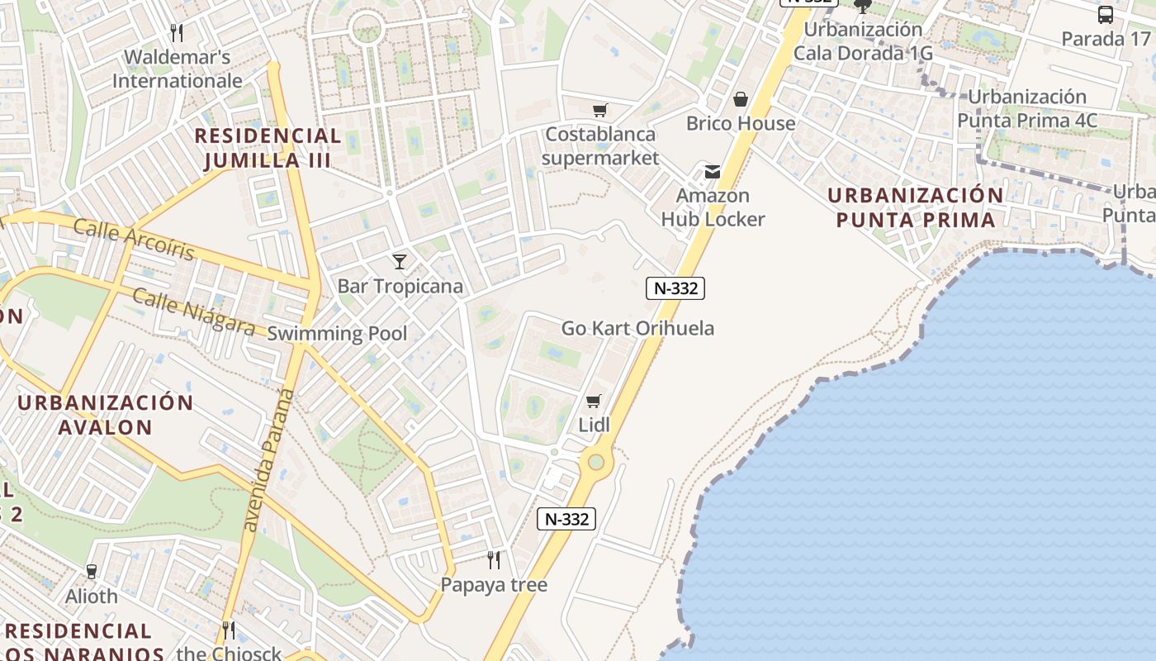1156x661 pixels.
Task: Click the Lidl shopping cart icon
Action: (593, 402)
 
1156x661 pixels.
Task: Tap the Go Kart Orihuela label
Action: (637, 328)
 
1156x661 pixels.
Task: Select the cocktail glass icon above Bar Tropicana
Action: (400, 262)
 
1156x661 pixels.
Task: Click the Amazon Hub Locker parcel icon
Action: (712, 172)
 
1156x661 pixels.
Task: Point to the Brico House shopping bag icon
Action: (741, 99)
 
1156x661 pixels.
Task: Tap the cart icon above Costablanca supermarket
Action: (600, 110)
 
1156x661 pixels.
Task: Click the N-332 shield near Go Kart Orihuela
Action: (675, 288)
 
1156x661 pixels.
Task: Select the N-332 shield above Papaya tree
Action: (566, 519)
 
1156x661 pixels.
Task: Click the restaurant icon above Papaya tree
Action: (494, 560)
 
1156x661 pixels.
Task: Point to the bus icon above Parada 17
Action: (1105, 14)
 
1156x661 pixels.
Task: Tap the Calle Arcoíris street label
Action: (134, 240)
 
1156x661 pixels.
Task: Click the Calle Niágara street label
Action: (193, 311)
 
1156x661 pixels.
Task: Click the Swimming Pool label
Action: (337, 334)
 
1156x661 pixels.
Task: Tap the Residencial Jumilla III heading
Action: (268, 148)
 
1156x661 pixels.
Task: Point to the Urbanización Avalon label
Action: (106, 415)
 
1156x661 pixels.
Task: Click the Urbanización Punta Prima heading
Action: (915, 207)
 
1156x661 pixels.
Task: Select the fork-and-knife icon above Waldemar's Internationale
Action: (176, 32)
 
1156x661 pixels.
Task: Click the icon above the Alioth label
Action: (91, 571)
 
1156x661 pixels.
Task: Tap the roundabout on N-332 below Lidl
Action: (595, 462)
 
